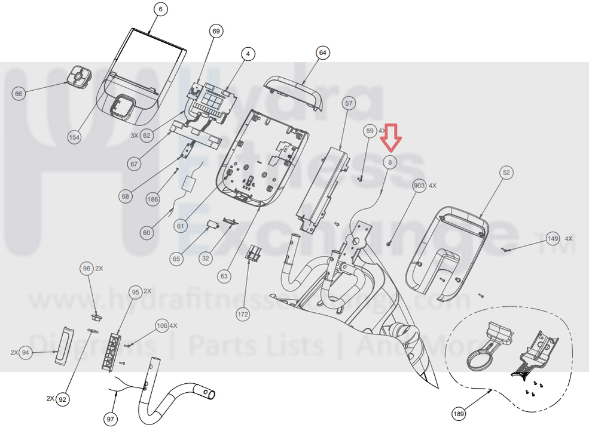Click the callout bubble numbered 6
tap(160, 9)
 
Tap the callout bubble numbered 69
tap(216, 30)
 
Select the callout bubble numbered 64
tap(323, 53)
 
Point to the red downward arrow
tap(392, 137)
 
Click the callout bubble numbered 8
tap(390, 162)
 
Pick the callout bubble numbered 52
tap(506, 173)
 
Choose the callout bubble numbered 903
tap(419, 186)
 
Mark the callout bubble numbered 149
tap(553, 239)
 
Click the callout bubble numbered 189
tap(459, 413)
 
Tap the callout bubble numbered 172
tap(242, 313)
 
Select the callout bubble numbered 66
tap(19, 93)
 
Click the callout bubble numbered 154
tap(74, 137)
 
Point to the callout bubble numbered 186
tap(154, 199)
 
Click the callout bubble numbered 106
tap(161, 326)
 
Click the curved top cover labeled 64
tap(294, 91)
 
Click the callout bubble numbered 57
tap(349, 103)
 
